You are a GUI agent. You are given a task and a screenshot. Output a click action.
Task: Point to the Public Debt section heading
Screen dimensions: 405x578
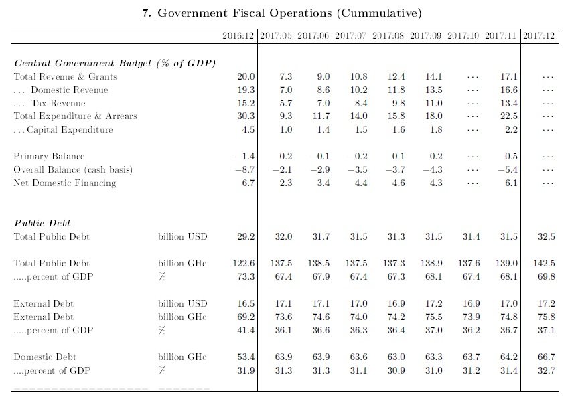coord(43,223)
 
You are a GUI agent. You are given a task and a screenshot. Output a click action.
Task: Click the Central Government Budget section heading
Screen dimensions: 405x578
coord(115,63)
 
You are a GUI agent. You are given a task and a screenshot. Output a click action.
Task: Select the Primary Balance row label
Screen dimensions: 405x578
coord(49,157)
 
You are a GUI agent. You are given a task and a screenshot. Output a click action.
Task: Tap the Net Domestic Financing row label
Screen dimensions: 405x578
coord(64,183)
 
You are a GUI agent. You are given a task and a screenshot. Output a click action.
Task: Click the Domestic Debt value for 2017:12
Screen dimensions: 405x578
coord(546,357)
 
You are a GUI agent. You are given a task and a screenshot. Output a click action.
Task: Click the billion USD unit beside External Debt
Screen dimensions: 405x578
coord(182,303)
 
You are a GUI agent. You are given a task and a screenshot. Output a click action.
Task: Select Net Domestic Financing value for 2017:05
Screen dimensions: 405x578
coord(285,183)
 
